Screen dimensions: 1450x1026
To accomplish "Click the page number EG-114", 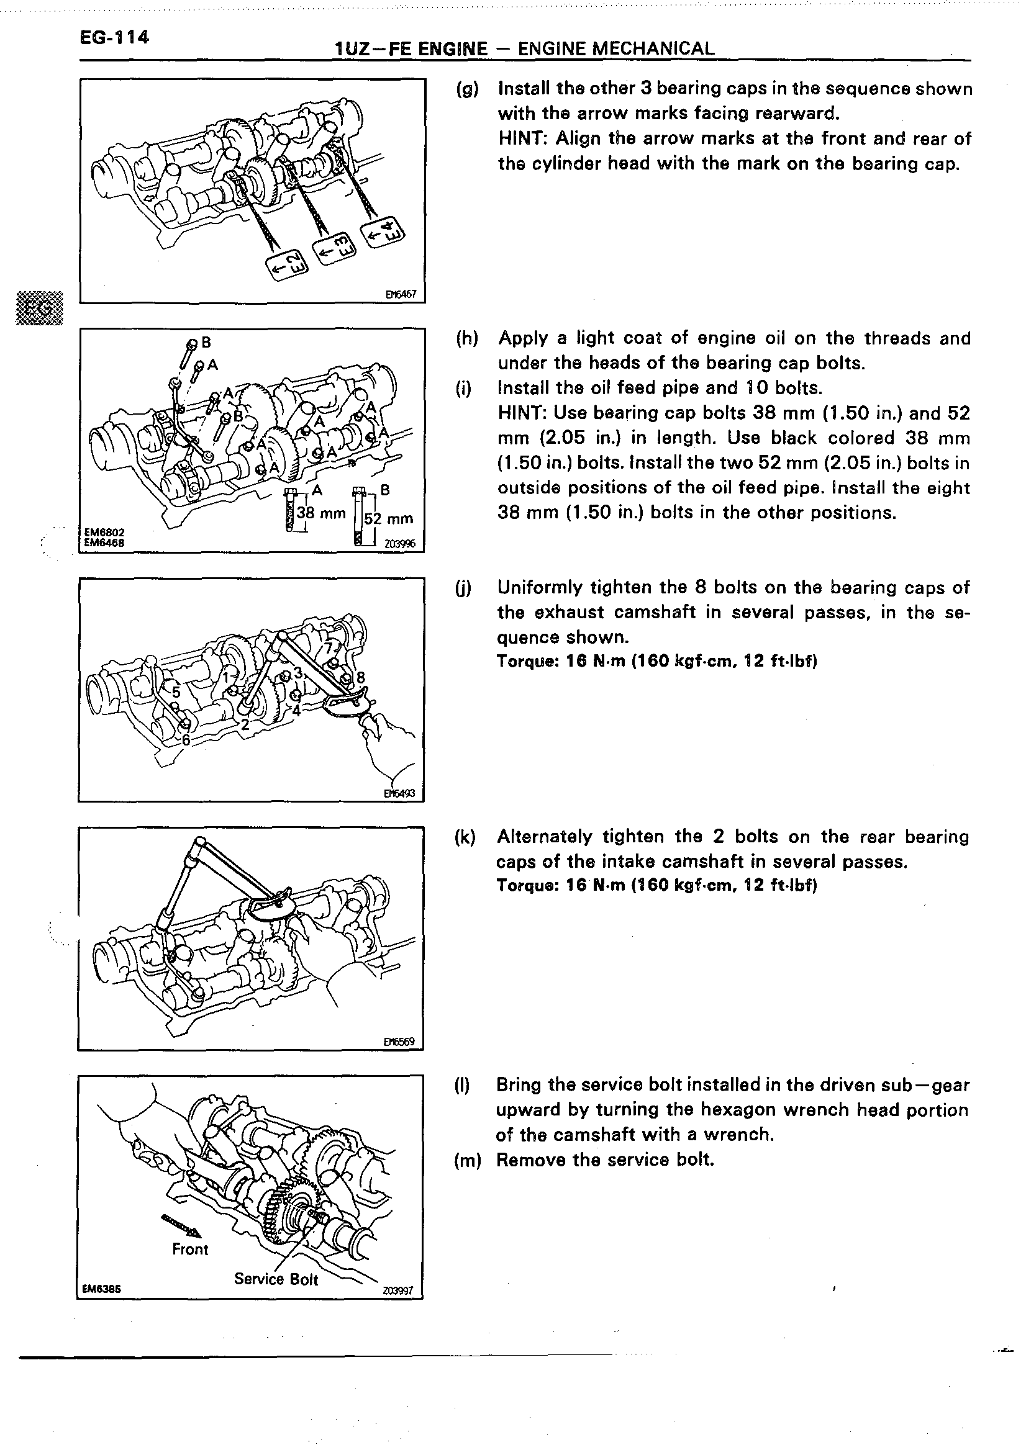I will pos(114,37).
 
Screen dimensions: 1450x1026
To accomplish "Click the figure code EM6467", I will pos(401,294).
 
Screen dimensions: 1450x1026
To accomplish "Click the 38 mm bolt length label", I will pos(321,513).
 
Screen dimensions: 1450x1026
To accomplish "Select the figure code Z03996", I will pos(400,544).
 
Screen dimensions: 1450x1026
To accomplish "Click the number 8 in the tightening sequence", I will pos(361,678).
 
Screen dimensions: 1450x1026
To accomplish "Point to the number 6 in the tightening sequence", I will pos(186,739).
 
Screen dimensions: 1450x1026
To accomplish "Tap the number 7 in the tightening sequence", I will pos(329,649).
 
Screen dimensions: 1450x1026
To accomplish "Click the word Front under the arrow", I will pos(190,1249).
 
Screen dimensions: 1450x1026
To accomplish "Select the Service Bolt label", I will pos(276,1279).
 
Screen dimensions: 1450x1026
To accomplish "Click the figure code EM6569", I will pos(399,1042).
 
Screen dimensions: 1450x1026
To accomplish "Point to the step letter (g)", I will pos(467,89).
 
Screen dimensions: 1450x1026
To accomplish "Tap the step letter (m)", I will pos(468,1160).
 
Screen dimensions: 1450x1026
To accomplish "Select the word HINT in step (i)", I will pos(521,413).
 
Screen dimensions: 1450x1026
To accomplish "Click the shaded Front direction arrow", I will pos(181,1226).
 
